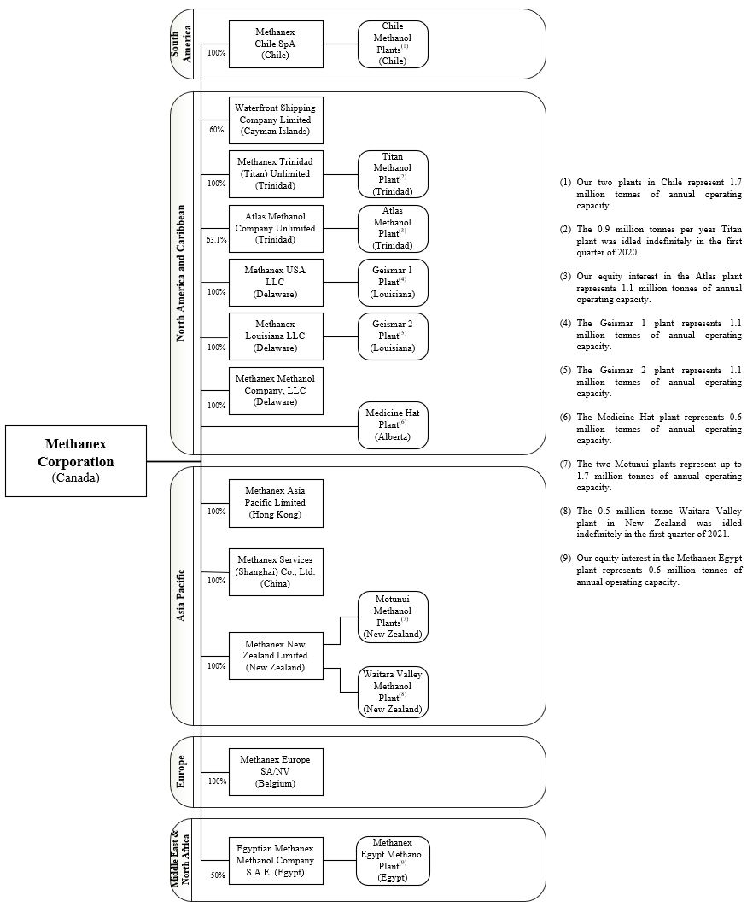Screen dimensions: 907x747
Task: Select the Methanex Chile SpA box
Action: pyautogui.click(x=276, y=44)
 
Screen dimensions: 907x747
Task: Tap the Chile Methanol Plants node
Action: pyautogui.click(x=393, y=44)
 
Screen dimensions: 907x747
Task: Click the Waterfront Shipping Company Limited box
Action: pyautogui.click(x=276, y=120)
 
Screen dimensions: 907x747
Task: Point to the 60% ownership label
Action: pyautogui.click(x=216, y=130)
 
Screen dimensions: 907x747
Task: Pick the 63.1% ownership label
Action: pyautogui.click(x=217, y=240)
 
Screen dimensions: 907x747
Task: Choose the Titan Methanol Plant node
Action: pyautogui.click(x=393, y=174)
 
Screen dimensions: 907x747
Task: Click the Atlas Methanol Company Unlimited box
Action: pyautogui.click(x=276, y=229)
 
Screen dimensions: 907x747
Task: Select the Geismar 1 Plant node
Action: pyautogui.click(x=393, y=283)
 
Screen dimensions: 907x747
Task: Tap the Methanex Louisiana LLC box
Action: pyautogui.click(x=276, y=336)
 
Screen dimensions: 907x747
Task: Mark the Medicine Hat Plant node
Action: pyautogui.click(x=393, y=424)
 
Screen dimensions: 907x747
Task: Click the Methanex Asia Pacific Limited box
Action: pyautogui.click(x=276, y=503)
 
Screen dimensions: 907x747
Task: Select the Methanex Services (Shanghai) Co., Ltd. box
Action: pyautogui.click(x=276, y=571)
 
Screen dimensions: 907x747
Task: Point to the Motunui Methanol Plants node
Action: pyautogui.click(x=393, y=617)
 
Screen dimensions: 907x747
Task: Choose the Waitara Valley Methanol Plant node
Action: pyautogui.click(x=393, y=692)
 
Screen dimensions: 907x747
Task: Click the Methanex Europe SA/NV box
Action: pyautogui.click(x=276, y=771)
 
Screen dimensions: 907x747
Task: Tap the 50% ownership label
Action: pyautogui.click(x=217, y=875)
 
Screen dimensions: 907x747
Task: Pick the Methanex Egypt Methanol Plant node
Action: pyautogui.click(x=393, y=860)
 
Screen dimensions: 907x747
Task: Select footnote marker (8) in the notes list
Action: pyautogui.click(x=565, y=511)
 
